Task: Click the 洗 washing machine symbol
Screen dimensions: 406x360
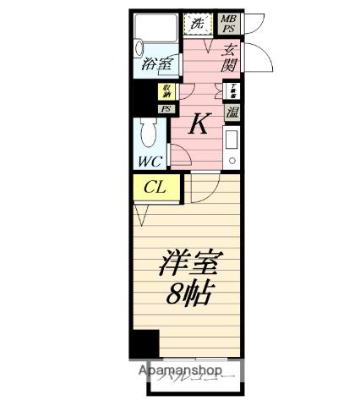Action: [x=198, y=23]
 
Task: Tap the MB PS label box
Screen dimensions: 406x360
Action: [x=228, y=23]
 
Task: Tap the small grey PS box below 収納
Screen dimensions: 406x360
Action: [x=166, y=108]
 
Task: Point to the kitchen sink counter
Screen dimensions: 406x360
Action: [x=232, y=147]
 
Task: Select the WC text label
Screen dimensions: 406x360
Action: [x=150, y=161]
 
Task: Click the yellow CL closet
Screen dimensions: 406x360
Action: [x=155, y=188]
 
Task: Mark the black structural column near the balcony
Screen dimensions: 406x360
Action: [x=145, y=345]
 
